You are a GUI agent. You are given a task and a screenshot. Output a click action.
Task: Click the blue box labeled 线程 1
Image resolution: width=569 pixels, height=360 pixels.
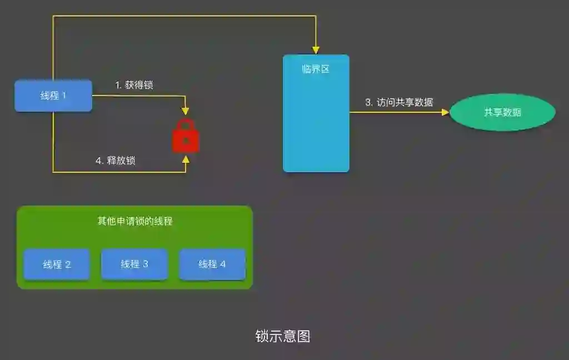click(53, 96)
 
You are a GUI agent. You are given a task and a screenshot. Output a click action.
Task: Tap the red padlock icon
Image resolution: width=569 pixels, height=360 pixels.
click(186, 136)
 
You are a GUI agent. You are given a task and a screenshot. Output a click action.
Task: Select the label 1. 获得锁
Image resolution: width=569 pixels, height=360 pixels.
click(134, 85)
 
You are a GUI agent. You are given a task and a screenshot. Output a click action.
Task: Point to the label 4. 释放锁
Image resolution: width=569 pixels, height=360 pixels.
click(116, 161)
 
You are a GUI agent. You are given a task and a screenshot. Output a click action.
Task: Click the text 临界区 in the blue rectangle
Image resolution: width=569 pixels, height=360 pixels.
click(316, 69)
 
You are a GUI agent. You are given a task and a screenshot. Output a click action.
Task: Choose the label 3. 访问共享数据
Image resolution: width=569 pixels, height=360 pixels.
click(399, 102)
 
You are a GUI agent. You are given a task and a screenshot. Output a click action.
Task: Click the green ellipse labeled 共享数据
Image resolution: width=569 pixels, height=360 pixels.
click(502, 112)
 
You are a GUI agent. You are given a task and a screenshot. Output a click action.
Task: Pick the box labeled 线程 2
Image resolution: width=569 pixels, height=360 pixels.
click(57, 264)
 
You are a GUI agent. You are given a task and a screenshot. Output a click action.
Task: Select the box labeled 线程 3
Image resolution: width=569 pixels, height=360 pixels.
click(134, 264)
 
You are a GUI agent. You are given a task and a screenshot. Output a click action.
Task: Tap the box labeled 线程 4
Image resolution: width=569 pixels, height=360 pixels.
click(212, 264)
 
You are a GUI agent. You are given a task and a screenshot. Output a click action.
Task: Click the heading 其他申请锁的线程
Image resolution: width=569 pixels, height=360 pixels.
click(135, 221)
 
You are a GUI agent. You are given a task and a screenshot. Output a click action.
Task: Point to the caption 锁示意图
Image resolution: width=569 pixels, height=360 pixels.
click(283, 336)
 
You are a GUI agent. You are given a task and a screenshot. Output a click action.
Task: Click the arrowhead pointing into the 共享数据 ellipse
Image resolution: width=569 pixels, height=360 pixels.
click(445, 112)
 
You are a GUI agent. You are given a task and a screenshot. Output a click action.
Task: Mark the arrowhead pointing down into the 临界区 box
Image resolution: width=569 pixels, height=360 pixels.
click(316, 51)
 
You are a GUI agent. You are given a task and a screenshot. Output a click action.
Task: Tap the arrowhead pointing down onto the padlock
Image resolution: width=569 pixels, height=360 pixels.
click(186, 113)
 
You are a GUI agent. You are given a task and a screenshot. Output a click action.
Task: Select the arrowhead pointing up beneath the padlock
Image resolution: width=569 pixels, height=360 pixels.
click(186, 159)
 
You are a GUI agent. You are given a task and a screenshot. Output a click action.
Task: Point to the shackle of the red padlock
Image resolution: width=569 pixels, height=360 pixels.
click(186, 125)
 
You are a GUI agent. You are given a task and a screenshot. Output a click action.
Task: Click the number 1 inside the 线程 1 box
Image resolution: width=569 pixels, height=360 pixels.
click(64, 96)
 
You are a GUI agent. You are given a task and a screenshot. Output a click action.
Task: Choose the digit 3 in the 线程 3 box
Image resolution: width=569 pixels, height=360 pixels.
click(146, 264)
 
